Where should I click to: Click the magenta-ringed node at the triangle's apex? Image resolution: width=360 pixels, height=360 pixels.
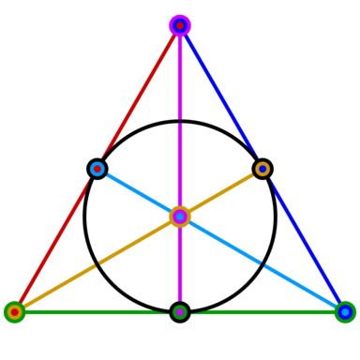(180, 25)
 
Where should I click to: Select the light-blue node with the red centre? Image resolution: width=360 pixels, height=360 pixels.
(97, 169)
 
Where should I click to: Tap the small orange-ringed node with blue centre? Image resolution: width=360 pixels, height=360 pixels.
(262, 169)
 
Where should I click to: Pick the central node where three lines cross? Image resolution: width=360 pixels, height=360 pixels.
(180, 217)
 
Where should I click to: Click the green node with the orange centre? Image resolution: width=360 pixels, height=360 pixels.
(14, 312)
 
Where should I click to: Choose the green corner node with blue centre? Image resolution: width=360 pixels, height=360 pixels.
(345, 312)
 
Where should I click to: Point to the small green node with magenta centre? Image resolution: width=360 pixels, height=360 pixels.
(180, 312)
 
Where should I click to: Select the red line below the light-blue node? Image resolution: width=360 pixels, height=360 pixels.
(56, 240)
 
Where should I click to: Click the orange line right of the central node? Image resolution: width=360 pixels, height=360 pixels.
(221, 192)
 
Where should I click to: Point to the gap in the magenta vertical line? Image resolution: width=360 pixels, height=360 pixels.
(180, 121)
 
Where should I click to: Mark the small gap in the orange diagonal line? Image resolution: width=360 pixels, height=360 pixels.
(97, 264)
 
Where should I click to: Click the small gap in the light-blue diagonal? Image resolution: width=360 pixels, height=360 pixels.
(262, 264)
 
